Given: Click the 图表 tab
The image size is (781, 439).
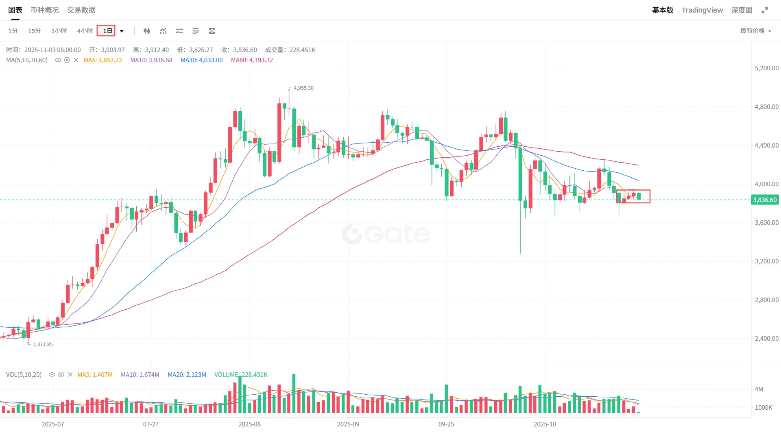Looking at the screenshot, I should [15, 10].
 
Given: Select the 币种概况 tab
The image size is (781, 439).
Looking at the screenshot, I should [45, 10].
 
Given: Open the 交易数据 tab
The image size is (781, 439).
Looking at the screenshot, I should [81, 10].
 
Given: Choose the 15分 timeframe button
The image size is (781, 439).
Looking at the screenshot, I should [35, 31].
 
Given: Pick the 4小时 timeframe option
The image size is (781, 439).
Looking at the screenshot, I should [85, 31].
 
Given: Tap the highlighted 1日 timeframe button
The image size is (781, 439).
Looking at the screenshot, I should [107, 31].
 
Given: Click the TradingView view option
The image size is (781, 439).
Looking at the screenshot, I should [702, 10].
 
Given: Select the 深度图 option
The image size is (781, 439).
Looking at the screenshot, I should [742, 10].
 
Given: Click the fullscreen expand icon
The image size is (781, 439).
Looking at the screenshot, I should [765, 10].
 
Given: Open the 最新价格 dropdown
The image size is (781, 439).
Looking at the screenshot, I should [755, 31].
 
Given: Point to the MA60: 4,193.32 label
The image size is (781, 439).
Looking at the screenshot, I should [252, 60].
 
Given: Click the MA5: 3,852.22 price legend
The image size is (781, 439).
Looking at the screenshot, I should [103, 60].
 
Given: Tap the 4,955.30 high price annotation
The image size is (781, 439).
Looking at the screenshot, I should [303, 88].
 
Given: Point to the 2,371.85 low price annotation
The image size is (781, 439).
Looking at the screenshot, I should [43, 344].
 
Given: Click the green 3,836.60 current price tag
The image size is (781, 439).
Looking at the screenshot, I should [764, 200].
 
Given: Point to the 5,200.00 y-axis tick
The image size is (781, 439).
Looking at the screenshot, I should [766, 68].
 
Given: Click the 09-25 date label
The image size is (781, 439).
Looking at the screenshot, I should [446, 424].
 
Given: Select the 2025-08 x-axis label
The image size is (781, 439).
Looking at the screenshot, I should [249, 424].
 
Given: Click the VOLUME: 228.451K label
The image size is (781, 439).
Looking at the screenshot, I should [241, 375].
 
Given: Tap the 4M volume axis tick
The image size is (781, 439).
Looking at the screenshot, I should [759, 389].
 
